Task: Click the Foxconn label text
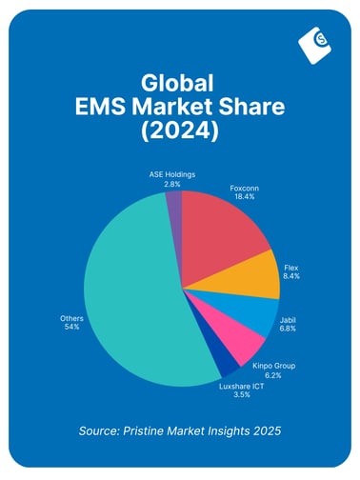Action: pyautogui.click(x=245, y=189)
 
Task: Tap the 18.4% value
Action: pyautogui.click(x=245, y=197)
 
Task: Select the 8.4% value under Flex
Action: pyautogui.click(x=291, y=278)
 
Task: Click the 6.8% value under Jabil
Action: pyautogui.click(x=288, y=330)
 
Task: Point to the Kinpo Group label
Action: pyautogui.click(x=272, y=366)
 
